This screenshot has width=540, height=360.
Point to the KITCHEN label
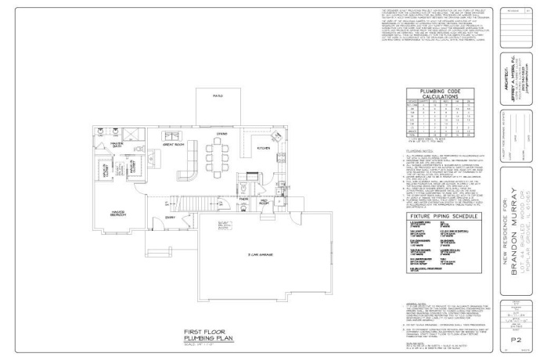pos(264,146)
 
